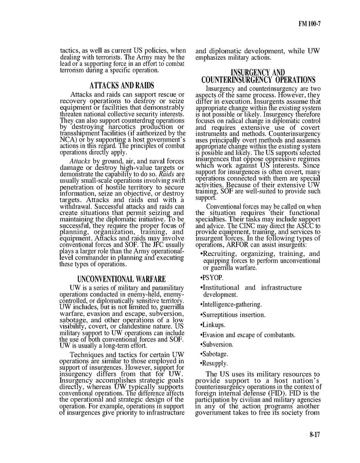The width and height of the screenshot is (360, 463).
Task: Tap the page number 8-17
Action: [x=315, y=435]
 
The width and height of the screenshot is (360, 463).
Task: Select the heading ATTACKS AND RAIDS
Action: [x=122, y=85]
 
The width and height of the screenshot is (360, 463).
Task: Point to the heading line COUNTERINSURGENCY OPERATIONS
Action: [x=259, y=80]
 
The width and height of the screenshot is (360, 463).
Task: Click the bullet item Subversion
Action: [x=217, y=344]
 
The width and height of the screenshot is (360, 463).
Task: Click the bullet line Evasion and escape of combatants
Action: [x=248, y=335]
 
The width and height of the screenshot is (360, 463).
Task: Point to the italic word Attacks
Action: [x=79, y=161]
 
